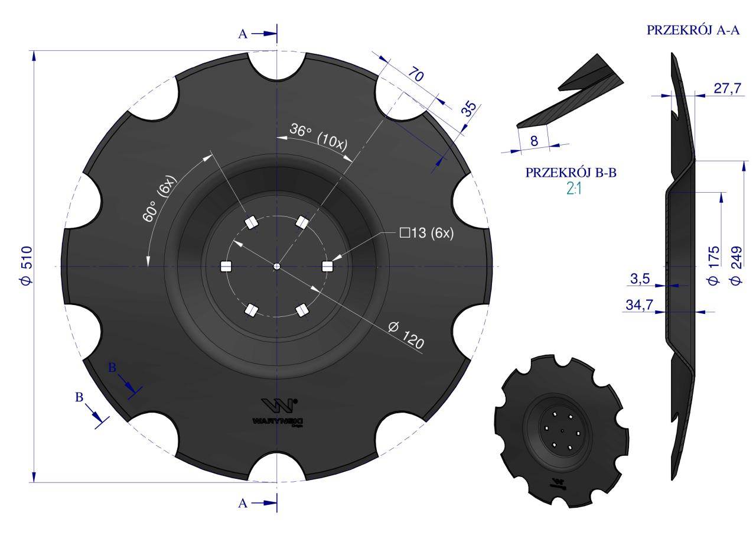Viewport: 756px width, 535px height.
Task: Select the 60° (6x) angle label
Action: pyautogui.click(x=158, y=199)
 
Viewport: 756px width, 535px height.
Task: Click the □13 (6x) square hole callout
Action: pyautogui.click(x=426, y=233)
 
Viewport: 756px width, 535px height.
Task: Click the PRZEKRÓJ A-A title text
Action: pyautogui.click(x=693, y=31)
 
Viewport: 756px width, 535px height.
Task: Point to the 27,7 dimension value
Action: pyautogui.click(x=727, y=88)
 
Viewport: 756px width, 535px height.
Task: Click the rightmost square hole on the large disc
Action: pyautogui.click(x=328, y=267)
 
